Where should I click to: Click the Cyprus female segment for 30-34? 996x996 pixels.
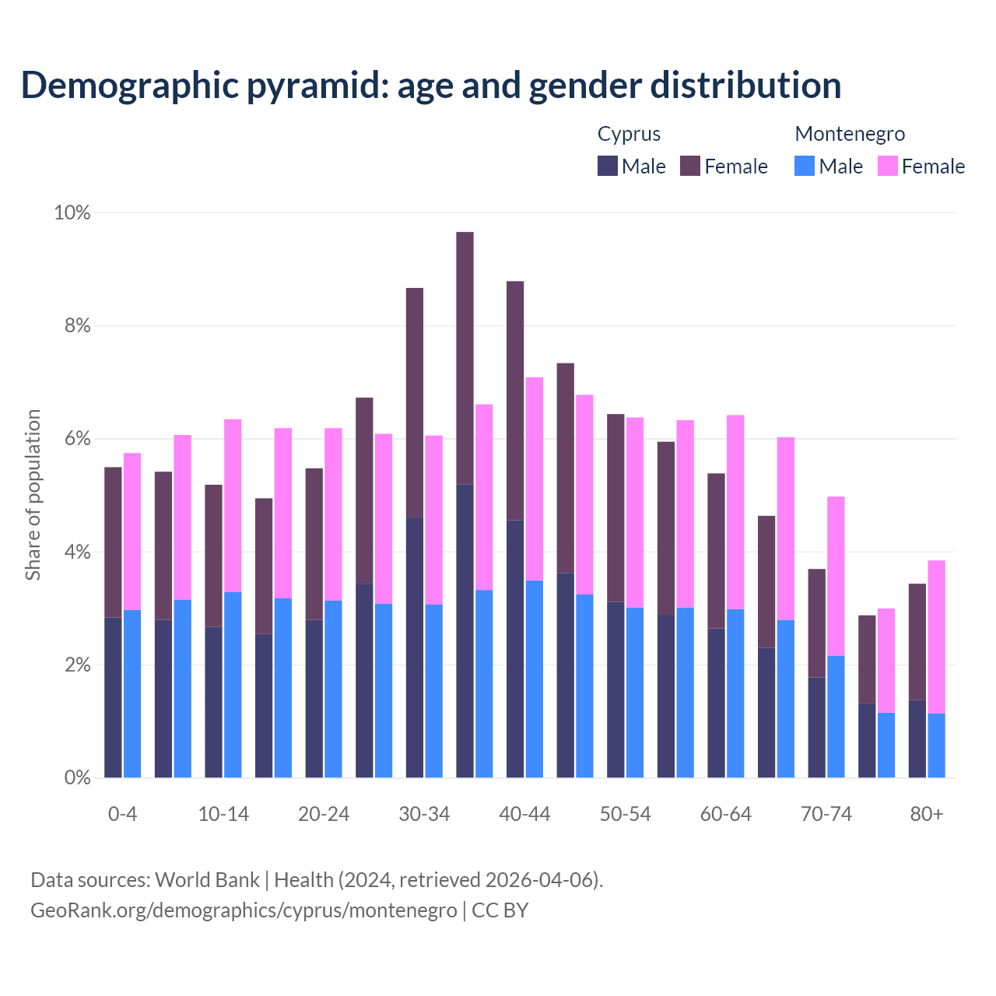pos(415,403)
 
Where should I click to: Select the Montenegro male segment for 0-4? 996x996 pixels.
pos(132,693)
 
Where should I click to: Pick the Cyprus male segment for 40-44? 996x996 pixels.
pos(515,648)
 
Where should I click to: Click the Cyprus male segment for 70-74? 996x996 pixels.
pos(816,727)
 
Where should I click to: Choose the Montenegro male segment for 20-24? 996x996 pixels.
pos(333,689)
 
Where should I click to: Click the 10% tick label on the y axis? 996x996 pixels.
pos(72,212)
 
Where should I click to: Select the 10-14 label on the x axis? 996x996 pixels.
pos(223,814)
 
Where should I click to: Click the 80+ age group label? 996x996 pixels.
pos(927,814)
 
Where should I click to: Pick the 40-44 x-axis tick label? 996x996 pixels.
pos(524,814)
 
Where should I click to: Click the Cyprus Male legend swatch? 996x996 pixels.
pos(608,166)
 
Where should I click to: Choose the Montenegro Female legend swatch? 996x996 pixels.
pos(888,166)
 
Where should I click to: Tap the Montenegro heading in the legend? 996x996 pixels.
pos(850,134)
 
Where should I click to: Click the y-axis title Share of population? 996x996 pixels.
pos(33,495)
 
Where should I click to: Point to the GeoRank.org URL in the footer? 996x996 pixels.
pos(244,910)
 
